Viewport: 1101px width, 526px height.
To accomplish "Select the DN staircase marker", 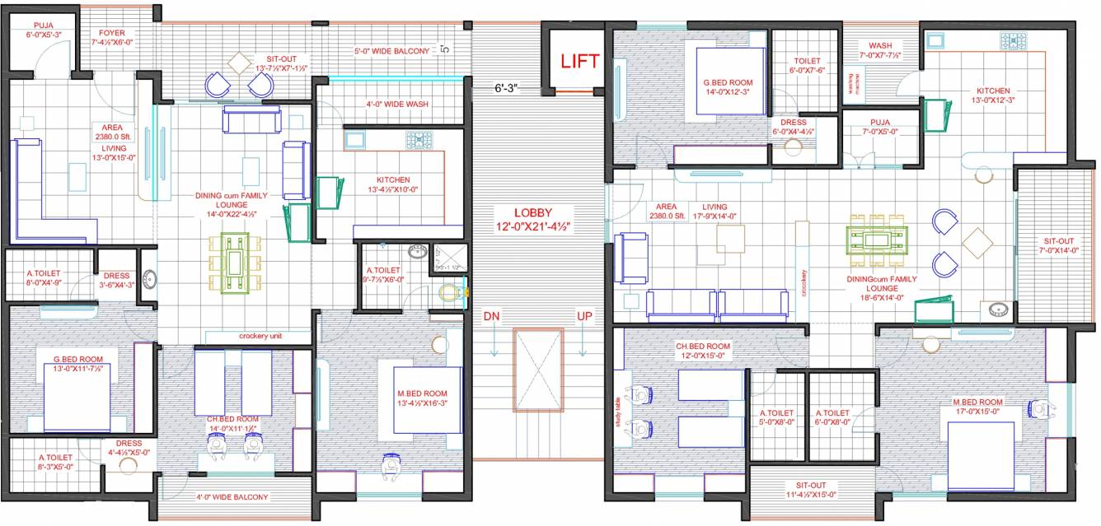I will tap(492, 316).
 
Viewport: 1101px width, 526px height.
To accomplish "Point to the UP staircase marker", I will tap(583, 316).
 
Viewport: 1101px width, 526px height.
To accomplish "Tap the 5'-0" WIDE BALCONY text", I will tap(392, 51).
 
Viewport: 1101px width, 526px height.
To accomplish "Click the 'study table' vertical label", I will tap(616, 406).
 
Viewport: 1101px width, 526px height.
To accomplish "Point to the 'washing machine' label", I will tap(855, 84).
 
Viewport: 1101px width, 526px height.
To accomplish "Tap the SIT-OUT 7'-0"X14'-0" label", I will tap(1060, 246).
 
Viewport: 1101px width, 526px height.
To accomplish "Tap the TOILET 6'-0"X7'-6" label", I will tap(807, 66).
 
